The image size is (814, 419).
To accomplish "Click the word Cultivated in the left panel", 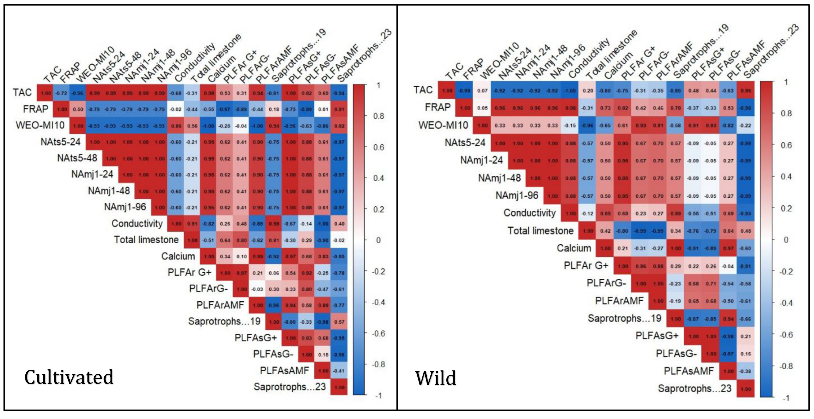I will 69,377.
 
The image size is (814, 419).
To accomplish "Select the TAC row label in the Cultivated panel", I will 22,92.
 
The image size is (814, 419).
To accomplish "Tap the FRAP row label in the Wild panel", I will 438,107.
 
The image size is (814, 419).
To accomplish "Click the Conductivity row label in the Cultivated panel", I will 137,223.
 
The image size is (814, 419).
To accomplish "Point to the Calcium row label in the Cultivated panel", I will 178,256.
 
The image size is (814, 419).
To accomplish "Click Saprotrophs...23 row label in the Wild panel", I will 694,388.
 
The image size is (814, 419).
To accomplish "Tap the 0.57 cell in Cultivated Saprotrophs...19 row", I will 339,322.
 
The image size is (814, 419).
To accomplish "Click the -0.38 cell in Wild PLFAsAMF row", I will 746,371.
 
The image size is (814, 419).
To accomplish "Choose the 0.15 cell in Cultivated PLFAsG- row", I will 323,354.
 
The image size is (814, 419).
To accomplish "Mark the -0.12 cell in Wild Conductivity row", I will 587,213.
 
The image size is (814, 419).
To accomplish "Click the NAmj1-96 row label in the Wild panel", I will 517,195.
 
